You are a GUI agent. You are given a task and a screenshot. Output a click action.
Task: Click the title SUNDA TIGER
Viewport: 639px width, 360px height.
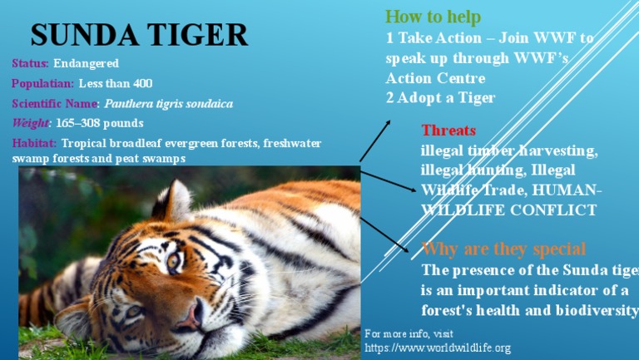(139, 35)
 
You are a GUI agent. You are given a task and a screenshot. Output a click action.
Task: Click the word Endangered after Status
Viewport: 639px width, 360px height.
(87, 64)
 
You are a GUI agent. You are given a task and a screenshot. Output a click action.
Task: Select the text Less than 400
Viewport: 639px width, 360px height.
(116, 84)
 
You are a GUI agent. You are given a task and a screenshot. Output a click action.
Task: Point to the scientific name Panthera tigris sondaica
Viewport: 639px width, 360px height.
(169, 104)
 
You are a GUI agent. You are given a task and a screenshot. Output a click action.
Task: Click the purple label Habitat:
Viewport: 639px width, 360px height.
(34, 144)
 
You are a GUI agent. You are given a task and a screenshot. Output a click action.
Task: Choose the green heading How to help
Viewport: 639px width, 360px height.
(433, 17)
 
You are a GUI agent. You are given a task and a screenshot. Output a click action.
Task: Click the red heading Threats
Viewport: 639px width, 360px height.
(448, 131)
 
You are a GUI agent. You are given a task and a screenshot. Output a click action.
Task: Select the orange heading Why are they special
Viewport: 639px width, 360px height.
(504, 249)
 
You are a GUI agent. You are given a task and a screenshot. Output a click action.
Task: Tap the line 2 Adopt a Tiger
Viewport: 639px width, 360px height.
(440, 98)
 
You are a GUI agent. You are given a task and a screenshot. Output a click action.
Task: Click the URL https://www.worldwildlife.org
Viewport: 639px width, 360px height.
(437, 348)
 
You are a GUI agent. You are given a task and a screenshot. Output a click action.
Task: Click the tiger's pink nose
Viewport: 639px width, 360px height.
(191, 315)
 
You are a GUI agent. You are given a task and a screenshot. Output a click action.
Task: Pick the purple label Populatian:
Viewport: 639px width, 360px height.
(42, 84)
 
